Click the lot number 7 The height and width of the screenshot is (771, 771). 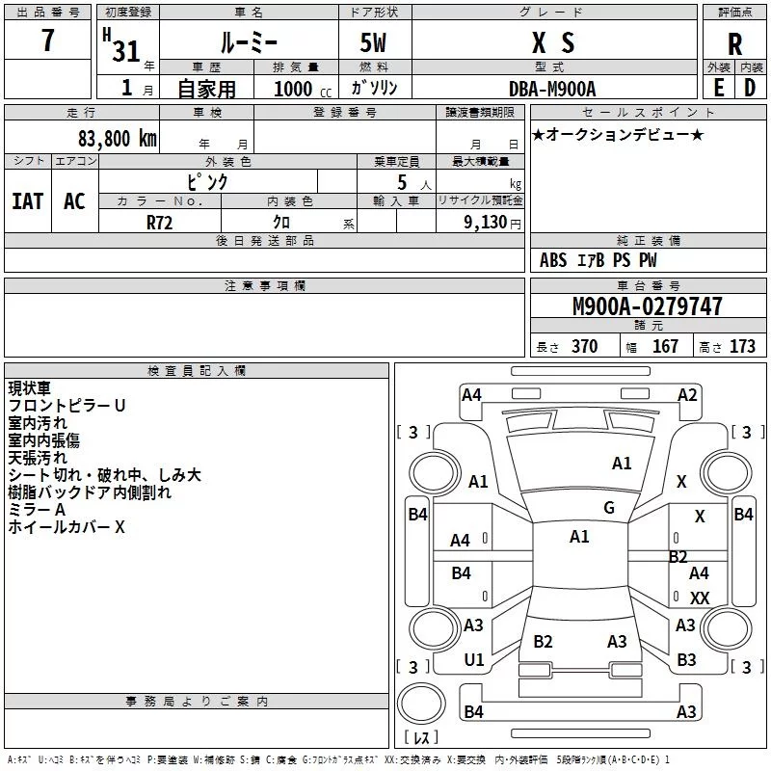(47, 40)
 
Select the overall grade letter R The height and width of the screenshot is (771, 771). (734, 44)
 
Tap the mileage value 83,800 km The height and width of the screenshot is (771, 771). (117, 139)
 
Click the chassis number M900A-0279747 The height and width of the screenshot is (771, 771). (648, 306)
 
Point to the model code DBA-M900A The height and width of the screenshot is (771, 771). (552, 89)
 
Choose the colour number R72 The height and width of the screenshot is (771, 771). (159, 223)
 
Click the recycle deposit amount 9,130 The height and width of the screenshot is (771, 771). (486, 223)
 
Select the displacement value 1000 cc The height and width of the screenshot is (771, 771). (303, 89)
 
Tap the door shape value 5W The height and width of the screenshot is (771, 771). (373, 42)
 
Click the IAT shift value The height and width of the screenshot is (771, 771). (28, 201)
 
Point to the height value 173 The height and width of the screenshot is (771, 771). (742, 346)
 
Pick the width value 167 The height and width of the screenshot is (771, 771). (665, 346)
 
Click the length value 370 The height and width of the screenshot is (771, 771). (585, 346)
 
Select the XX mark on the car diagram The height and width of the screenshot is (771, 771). (700, 598)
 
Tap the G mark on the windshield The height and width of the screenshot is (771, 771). (609, 508)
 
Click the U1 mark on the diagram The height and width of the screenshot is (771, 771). (474, 660)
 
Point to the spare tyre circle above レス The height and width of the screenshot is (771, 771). (421, 704)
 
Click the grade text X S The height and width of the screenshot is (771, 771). (552, 42)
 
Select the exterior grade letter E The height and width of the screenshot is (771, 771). (718, 88)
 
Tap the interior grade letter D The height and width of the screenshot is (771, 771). (750, 88)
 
